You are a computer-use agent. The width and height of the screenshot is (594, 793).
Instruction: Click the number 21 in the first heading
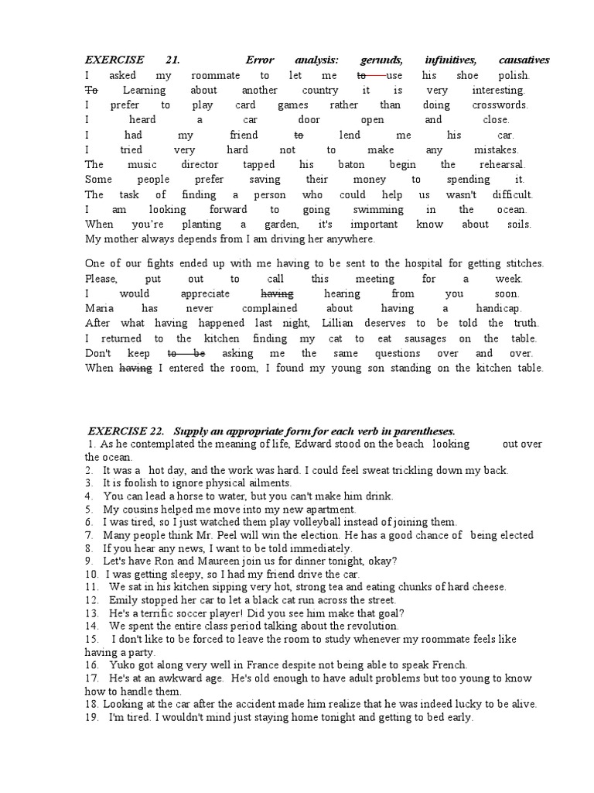(172, 60)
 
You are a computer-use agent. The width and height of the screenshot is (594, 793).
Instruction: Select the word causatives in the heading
(524, 60)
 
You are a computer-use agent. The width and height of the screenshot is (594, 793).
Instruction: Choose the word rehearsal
(503, 164)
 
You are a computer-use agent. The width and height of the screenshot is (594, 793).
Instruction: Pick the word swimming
(378, 209)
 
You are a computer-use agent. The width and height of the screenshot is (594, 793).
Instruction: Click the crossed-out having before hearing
(278, 294)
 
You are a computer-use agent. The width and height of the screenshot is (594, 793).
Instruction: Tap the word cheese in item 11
(489, 587)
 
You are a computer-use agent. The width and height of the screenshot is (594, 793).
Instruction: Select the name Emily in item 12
(123, 600)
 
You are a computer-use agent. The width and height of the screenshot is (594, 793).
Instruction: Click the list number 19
(90, 717)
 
